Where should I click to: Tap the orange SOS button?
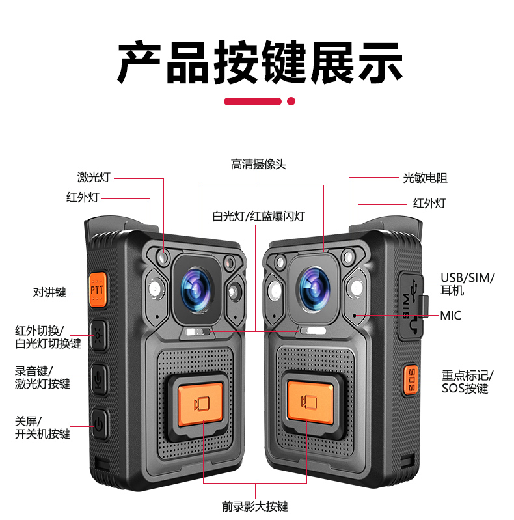click(x=411, y=379)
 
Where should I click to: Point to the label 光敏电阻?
click(x=425, y=178)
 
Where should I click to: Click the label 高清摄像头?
click(x=258, y=165)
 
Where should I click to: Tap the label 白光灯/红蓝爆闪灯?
click(x=258, y=216)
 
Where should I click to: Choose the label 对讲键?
click(x=50, y=292)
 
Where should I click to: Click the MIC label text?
click(x=450, y=316)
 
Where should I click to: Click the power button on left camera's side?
click(x=98, y=425)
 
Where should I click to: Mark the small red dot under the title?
click(x=291, y=101)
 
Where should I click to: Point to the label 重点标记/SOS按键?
click(x=467, y=382)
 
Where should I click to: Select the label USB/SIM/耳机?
click(x=467, y=284)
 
